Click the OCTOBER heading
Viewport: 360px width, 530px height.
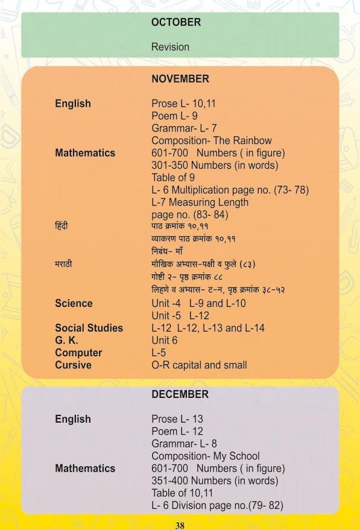point(176,22)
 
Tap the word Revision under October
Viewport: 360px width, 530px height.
point(170,47)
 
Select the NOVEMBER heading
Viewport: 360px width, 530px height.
point(180,79)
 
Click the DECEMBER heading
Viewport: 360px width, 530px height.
point(180,394)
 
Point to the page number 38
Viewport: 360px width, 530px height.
point(180,525)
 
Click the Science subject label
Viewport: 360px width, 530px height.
point(74,303)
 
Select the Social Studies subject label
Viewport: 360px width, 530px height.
point(89,328)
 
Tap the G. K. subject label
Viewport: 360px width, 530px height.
point(66,340)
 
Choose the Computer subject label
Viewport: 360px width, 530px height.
point(78,353)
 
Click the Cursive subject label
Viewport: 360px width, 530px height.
point(73,365)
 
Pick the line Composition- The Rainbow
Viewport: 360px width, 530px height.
point(211,140)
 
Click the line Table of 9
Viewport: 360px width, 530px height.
point(173,177)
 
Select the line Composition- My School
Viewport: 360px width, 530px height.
point(206,456)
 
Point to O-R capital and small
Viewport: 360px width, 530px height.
point(199,365)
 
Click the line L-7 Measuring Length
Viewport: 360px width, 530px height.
point(200,202)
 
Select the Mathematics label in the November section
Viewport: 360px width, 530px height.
point(85,153)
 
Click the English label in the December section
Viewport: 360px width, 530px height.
point(73,419)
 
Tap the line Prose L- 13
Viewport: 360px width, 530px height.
point(177,419)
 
